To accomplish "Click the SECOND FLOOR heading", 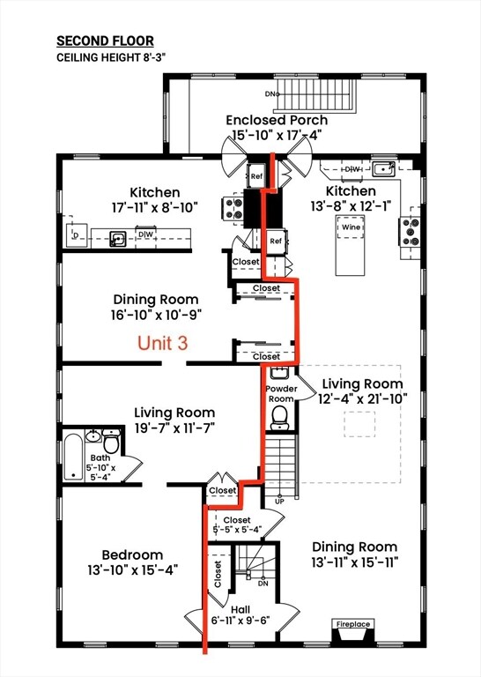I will coord(105,41).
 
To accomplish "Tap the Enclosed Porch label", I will coord(276,120).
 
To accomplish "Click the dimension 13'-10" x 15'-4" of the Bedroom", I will coord(131,570).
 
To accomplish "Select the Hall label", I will coord(239,609).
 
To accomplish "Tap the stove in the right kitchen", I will coord(411,231).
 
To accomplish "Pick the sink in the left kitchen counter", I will coord(116,236).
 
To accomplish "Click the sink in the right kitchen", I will coord(382,169).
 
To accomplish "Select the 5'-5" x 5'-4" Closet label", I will coord(237,525).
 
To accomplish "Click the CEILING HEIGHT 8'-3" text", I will coord(113,58).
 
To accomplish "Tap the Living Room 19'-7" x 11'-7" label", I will coord(174,420).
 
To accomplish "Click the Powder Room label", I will coord(282,392).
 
